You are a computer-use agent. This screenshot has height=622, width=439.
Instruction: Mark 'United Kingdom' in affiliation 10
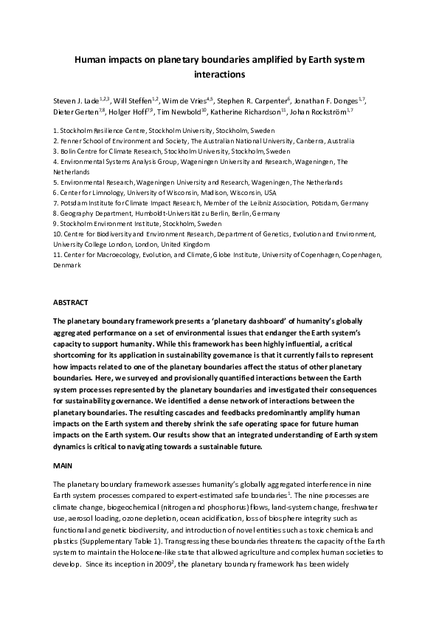coord(187,244)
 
